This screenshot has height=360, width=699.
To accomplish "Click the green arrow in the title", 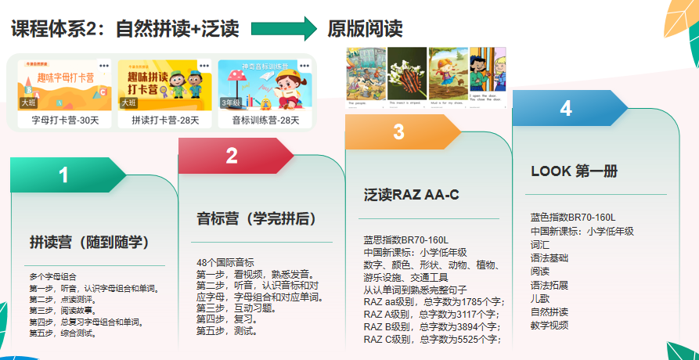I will pos(283,30).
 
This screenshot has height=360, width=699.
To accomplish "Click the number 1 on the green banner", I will pos(63,175).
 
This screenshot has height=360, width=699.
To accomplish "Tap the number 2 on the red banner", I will pos(231,156).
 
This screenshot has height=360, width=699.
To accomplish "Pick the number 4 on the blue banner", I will pos(566,109).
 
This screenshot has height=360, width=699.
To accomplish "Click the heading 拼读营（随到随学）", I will pos(89,241).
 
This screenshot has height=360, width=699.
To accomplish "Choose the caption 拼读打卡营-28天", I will pos(165,121).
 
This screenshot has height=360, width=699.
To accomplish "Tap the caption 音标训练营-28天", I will pos(265,121).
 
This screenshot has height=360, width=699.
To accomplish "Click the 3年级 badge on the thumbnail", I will pos(230,103).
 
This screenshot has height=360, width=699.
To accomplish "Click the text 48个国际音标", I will pos(225,262).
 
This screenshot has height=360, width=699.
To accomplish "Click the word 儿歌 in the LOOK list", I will pos(541,298).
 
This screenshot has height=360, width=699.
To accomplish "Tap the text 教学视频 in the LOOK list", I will pos(549,325).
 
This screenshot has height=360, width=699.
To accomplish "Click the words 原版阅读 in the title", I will pos(365,30).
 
